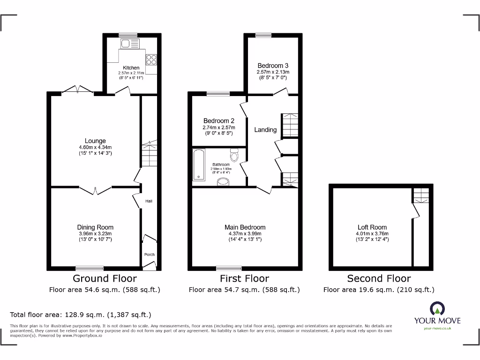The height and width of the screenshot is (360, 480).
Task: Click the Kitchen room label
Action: tap(131, 68)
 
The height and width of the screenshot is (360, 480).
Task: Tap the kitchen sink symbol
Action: tap(129, 44)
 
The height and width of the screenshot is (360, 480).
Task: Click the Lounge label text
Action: tap(95, 141)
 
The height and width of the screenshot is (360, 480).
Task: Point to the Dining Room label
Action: tap(95, 227)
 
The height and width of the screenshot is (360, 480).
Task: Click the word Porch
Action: tap(149, 255)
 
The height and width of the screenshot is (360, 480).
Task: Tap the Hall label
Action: tap(149, 201)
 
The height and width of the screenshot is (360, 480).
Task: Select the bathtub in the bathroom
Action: tap(199, 165)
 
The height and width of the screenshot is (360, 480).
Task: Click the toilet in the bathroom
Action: tap(235, 155)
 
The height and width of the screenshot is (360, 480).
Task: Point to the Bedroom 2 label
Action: tap(219, 121)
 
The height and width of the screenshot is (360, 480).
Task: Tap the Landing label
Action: tap(265, 130)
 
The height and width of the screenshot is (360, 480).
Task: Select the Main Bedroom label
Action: tap(245, 227)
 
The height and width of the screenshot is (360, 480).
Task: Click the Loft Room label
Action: tap(373, 227)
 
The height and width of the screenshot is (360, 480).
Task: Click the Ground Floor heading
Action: tap(105, 278)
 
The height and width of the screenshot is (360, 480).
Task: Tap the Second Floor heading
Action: tap(379, 278)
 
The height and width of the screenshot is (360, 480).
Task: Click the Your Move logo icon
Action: tap(437, 308)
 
